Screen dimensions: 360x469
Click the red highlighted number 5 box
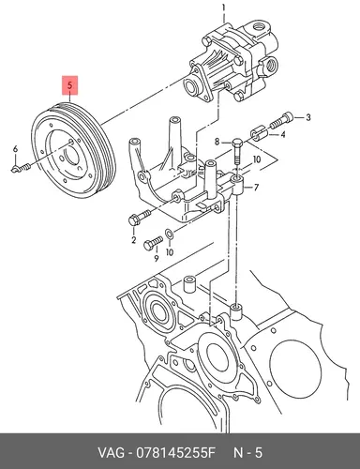coord(70,84)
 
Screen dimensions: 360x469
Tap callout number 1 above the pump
coord(223,7)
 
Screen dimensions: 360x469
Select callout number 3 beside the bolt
coord(308,117)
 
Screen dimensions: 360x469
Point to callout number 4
coord(283,135)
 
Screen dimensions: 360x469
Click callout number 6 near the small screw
coord(15,149)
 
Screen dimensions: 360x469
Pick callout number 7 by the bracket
coord(256,188)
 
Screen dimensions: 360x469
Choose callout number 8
coord(217,143)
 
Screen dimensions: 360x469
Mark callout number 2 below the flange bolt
coord(134,240)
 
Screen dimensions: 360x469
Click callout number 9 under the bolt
coord(156,258)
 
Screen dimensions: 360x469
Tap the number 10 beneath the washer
coord(170,252)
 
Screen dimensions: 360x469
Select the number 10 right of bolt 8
coord(257,159)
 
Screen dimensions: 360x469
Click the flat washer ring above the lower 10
coord(169,233)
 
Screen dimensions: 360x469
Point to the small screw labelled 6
coord(22,169)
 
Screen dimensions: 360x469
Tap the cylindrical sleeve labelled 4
coord(258,134)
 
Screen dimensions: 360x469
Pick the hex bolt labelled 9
coord(153,243)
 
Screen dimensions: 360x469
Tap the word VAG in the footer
coord(111,452)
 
